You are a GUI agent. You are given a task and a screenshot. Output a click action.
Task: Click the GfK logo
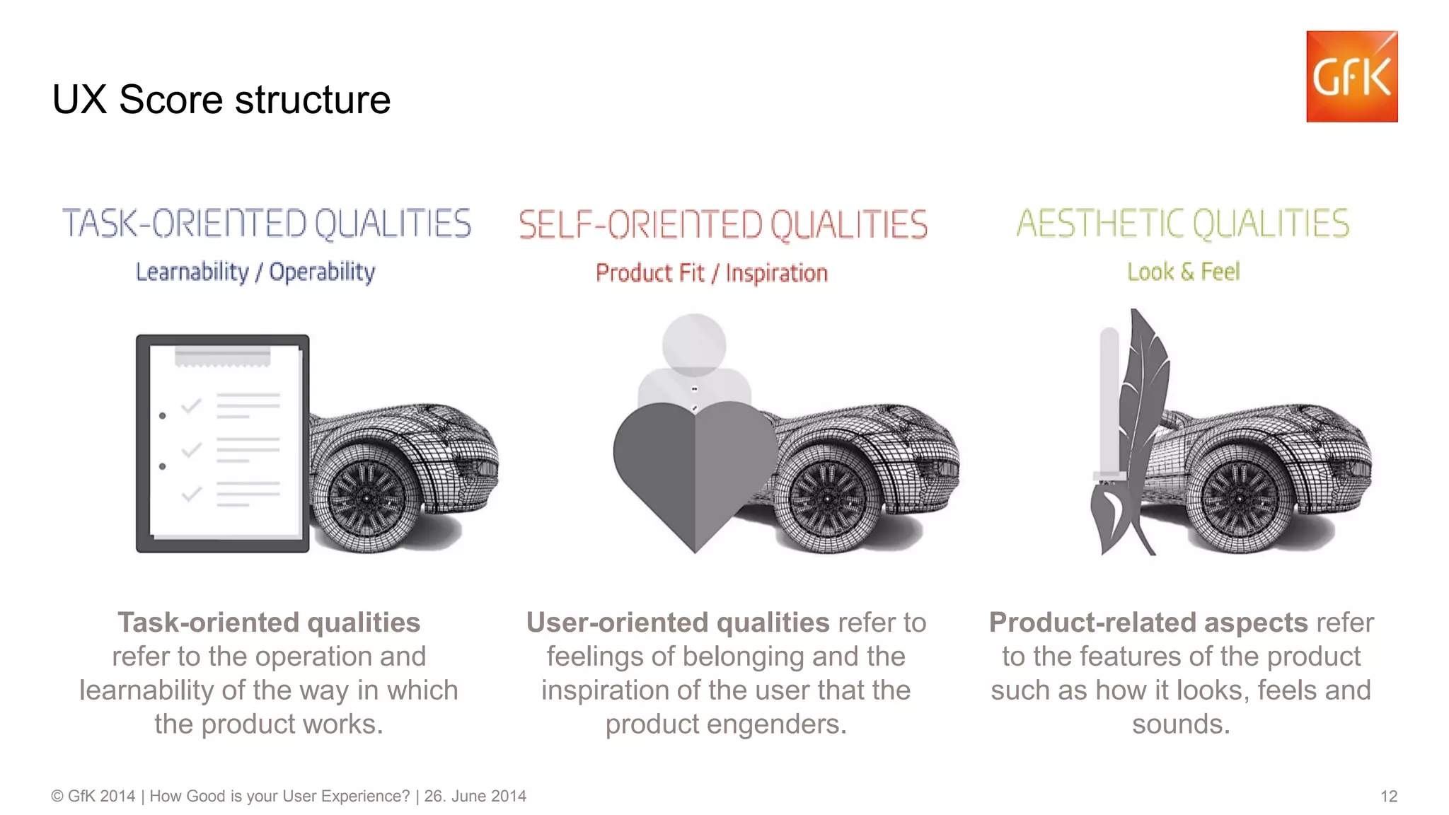1351,76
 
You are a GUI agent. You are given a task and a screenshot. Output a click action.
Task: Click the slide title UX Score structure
221,99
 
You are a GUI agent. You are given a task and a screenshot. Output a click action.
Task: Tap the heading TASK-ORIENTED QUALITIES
267,224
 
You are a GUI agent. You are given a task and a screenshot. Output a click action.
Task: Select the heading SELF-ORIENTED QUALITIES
722,225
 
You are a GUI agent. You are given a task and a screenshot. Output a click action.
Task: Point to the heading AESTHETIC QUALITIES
1183,224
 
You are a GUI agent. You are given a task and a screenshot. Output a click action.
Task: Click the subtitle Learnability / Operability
255,272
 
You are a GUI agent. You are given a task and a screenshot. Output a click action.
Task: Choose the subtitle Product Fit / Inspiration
711,273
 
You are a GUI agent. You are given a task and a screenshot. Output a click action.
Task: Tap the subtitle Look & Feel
1183,272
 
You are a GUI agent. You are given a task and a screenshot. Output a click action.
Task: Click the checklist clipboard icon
222,444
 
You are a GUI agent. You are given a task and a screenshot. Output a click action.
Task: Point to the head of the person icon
693,345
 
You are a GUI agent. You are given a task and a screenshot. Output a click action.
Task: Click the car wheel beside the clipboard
366,498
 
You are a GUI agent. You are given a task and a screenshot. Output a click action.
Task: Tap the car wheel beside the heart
828,498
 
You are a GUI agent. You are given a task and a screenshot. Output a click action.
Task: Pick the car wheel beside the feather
1240,498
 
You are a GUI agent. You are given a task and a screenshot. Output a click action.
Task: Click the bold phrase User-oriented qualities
677,623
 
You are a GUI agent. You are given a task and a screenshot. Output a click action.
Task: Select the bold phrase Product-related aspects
1148,623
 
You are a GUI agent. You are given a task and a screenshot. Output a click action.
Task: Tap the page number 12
1388,797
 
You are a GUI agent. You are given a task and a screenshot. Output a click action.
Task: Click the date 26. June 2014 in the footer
475,797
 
